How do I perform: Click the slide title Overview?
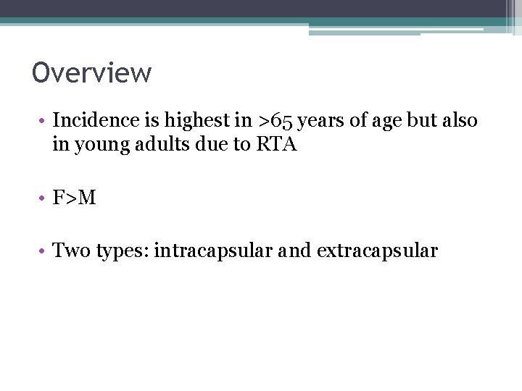(91, 73)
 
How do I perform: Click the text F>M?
(74, 198)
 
